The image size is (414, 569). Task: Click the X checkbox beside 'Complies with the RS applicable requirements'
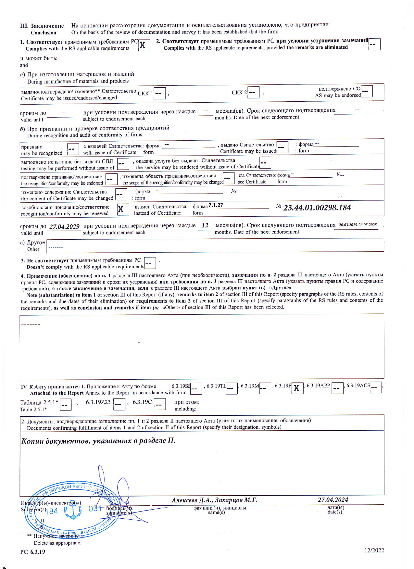pyautogui.click(x=144, y=45)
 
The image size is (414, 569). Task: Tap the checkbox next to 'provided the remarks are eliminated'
pyautogui.click(x=374, y=44)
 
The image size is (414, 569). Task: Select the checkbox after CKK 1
pyautogui.click(x=159, y=93)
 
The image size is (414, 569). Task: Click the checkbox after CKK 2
pyautogui.click(x=253, y=93)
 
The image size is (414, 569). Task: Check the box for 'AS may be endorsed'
pyautogui.click(x=367, y=92)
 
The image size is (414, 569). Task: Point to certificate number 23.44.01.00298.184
pyautogui.click(x=317, y=208)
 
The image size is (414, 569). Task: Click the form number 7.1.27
pyautogui.click(x=216, y=205)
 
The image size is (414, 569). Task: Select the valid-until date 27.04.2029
pyautogui.click(x=64, y=227)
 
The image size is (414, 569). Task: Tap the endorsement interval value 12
pyautogui.click(x=205, y=225)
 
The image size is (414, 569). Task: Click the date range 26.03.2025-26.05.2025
pyautogui.click(x=358, y=225)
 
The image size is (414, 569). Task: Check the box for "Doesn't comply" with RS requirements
pyautogui.click(x=150, y=263)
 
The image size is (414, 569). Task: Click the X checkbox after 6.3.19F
pyautogui.click(x=297, y=388)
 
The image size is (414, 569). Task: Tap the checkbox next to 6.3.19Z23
pyautogui.click(x=119, y=405)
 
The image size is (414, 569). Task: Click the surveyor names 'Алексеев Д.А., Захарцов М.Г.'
pyautogui.click(x=214, y=500)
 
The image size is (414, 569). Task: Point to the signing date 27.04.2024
pyautogui.click(x=333, y=500)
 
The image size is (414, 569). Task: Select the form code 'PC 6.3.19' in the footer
pyautogui.click(x=32, y=552)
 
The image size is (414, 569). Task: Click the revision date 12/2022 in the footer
pyautogui.click(x=374, y=550)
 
